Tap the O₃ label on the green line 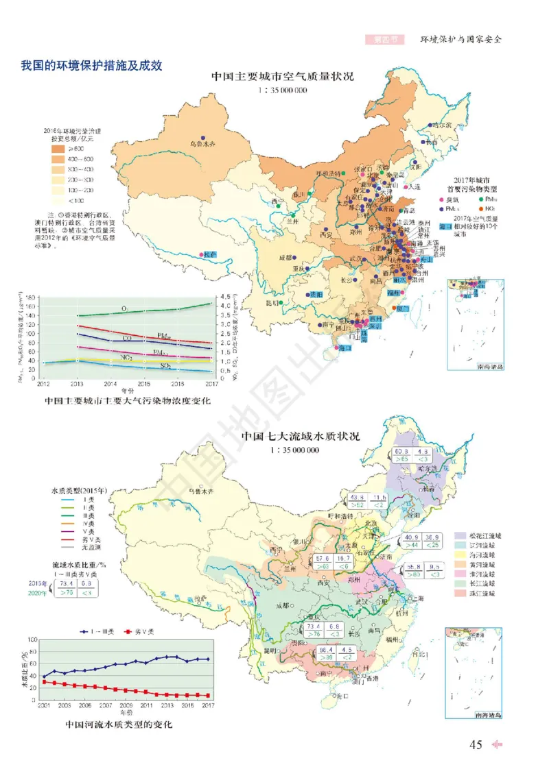pos(125,310)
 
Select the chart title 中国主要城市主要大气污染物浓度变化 pos(127,400)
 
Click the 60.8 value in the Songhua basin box pos(402,452)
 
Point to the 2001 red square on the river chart pos(44,682)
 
